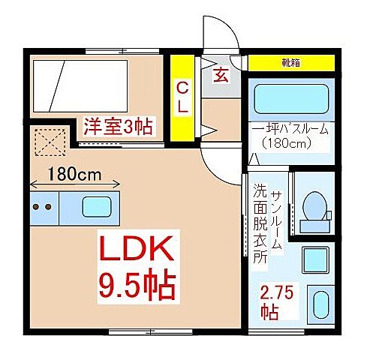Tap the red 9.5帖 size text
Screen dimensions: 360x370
137,284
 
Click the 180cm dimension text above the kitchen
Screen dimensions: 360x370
74,174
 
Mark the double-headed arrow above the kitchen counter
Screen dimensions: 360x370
75,185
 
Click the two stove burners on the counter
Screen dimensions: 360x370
42,205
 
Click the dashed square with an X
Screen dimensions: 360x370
50,141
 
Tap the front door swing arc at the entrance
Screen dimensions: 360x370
224,34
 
